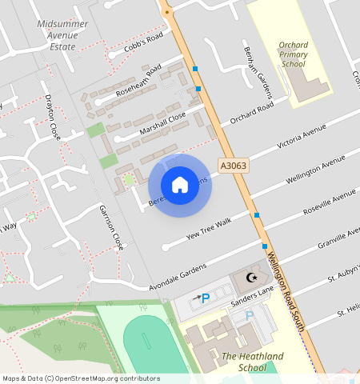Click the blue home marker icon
(180, 185)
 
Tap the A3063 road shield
(233, 166)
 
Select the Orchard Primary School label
(293, 54)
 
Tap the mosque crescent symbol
(252, 278)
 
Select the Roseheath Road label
(138, 81)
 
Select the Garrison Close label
(111, 226)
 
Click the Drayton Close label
(53, 116)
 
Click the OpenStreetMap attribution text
(81, 378)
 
